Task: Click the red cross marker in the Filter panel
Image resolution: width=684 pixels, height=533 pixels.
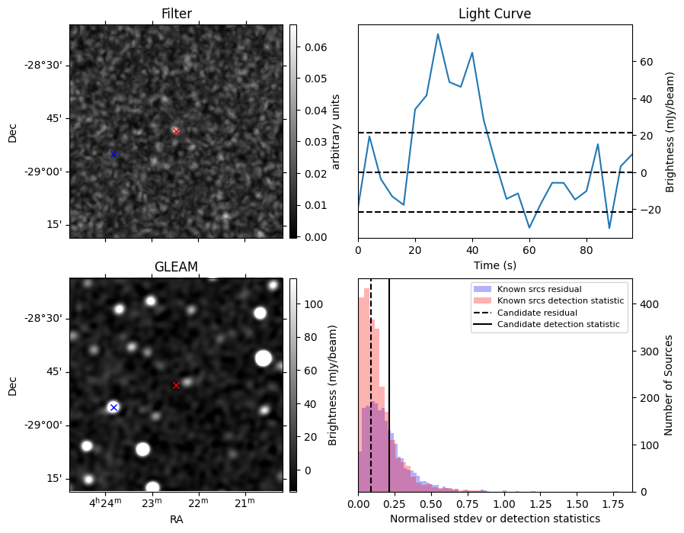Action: (x=176, y=131)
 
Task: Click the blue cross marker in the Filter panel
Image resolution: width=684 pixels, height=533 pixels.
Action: (x=113, y=154)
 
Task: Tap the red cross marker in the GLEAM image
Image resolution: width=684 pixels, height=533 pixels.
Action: (x=176, y=385)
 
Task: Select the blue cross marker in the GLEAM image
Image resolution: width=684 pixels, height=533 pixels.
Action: (x=113, y=407)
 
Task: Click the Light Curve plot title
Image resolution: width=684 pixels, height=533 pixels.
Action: (x=494, y=14)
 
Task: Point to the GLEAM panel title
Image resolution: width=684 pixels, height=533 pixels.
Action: (x=176, y=267)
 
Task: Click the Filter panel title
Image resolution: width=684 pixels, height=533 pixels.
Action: (x=176, y=14)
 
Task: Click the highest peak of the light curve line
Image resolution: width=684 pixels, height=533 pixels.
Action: (x=438, y=34)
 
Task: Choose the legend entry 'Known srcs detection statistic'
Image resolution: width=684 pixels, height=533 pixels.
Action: (x=560, y=300)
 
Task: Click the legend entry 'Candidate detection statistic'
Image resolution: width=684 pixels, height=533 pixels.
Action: (x=558, y=325)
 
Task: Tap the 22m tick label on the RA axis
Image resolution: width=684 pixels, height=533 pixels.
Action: (x=198, y=503)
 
